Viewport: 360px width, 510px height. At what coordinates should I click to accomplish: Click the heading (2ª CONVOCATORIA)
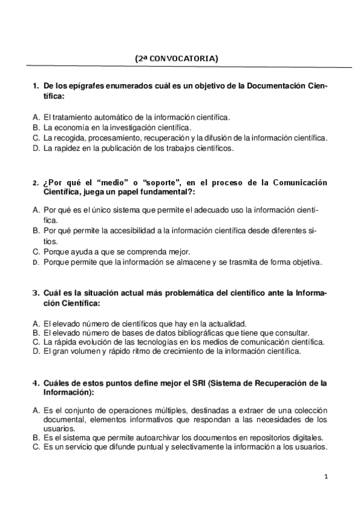(176, 58)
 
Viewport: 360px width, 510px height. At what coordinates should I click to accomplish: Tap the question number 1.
(34, 86)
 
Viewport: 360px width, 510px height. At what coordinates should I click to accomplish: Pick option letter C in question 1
(36, 138)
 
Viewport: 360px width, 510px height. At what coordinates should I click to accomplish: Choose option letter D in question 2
(36, 262)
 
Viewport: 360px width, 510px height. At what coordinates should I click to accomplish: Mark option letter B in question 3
(36, 333)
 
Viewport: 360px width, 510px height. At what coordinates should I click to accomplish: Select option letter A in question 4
(36, 410)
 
